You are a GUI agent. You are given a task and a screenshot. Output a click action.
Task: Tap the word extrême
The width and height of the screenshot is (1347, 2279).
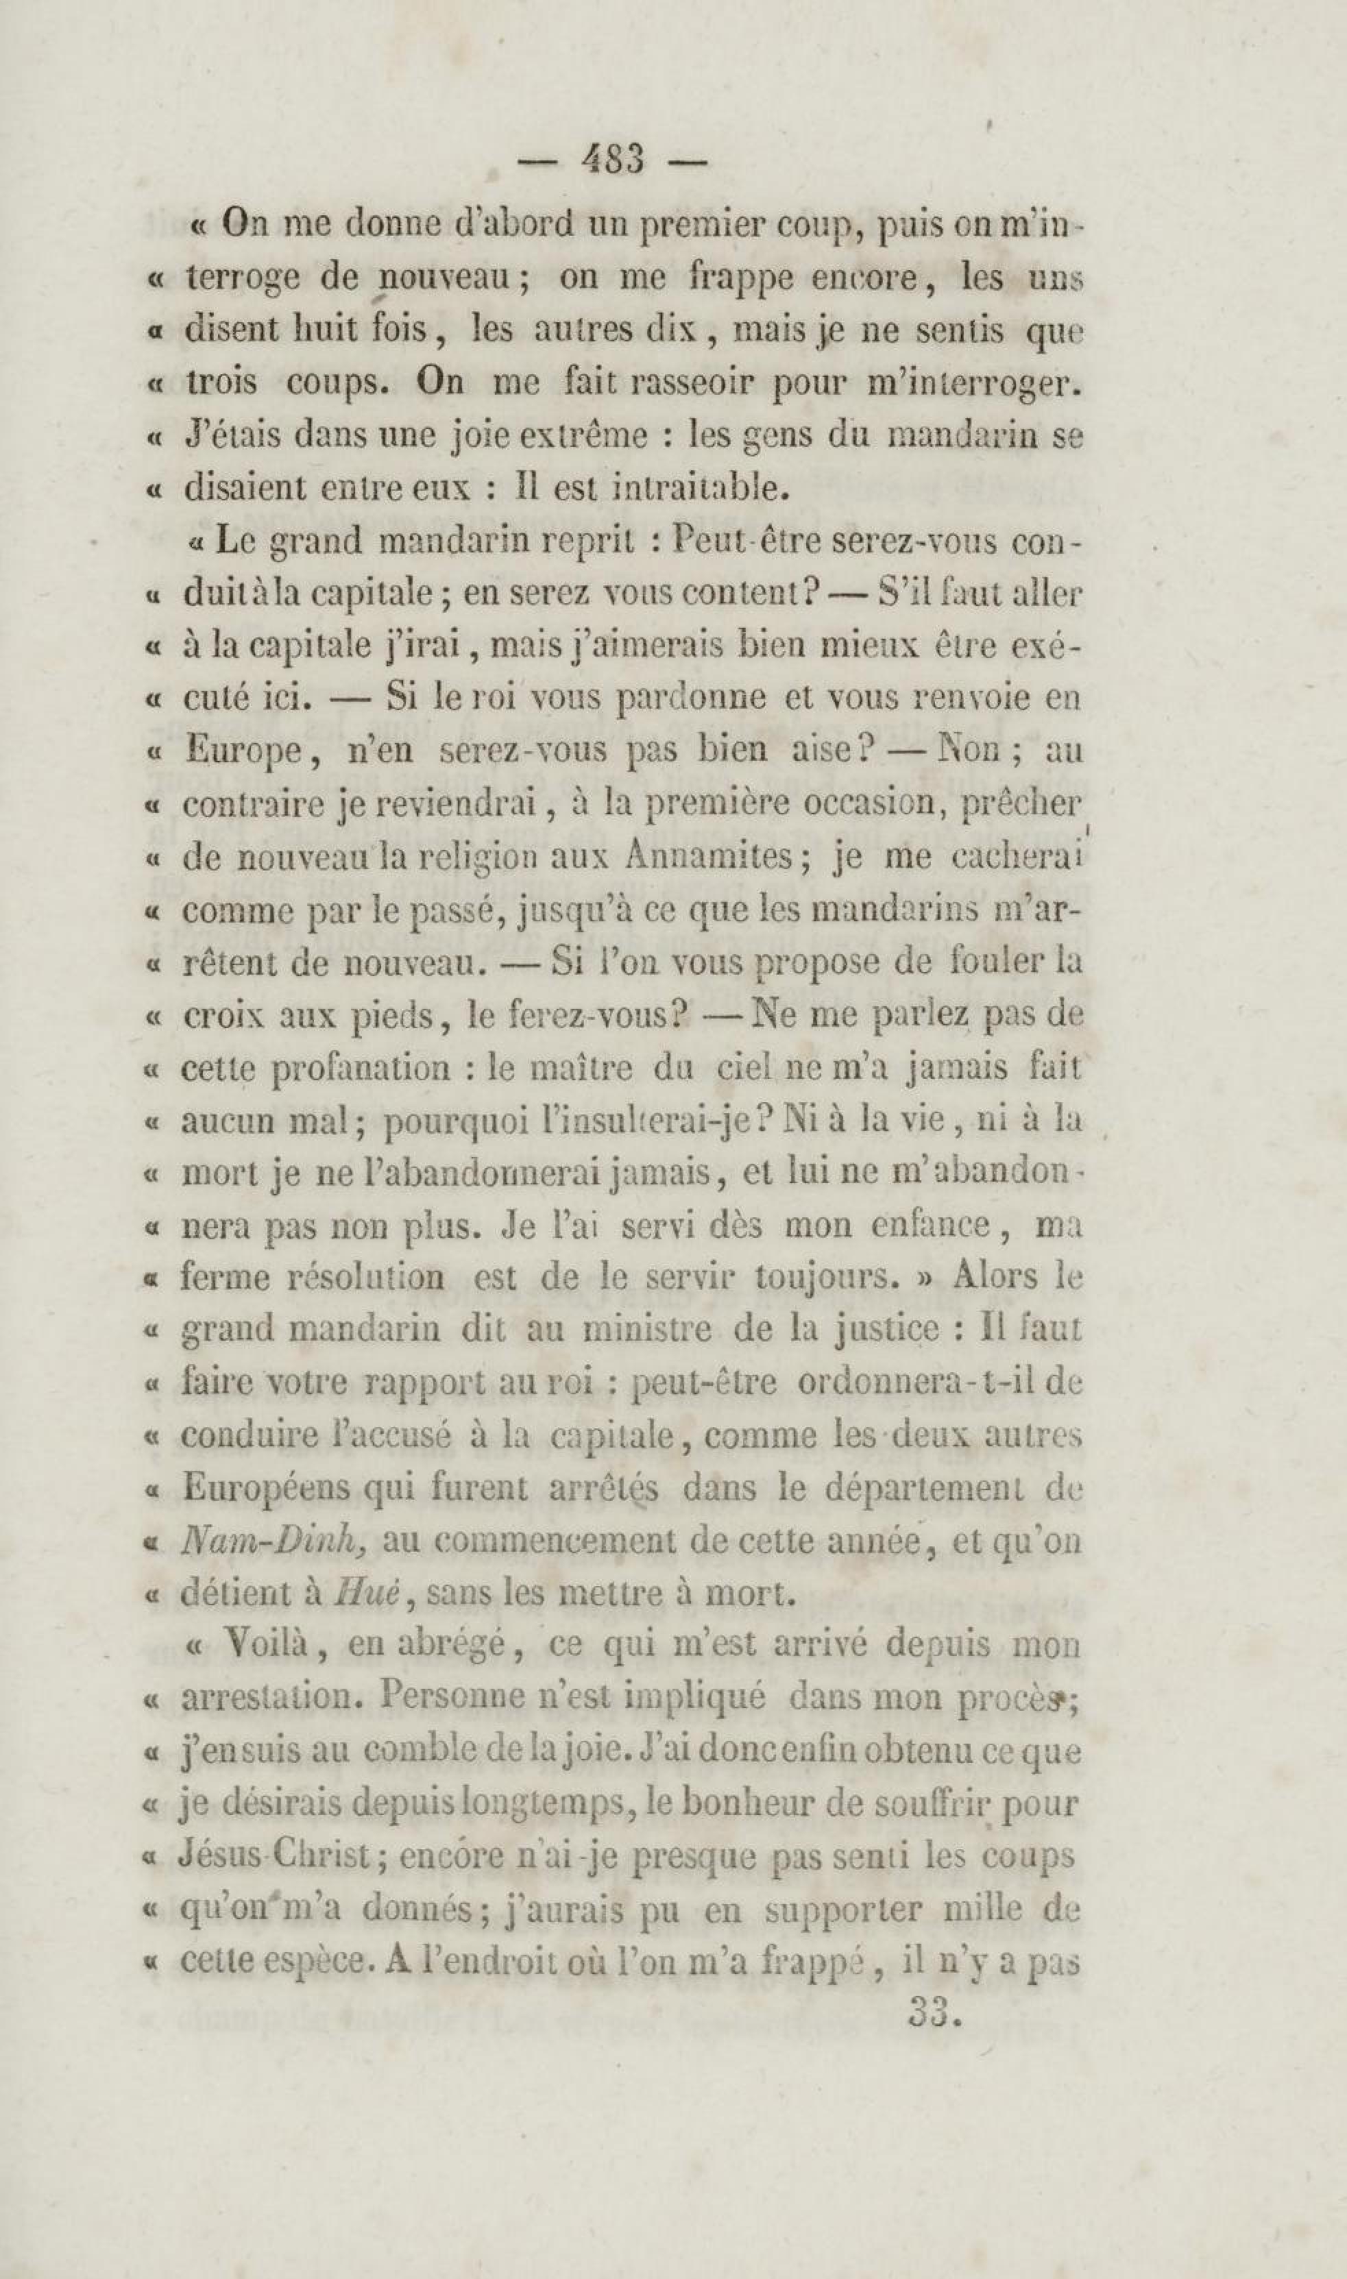(x=581, y=437)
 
